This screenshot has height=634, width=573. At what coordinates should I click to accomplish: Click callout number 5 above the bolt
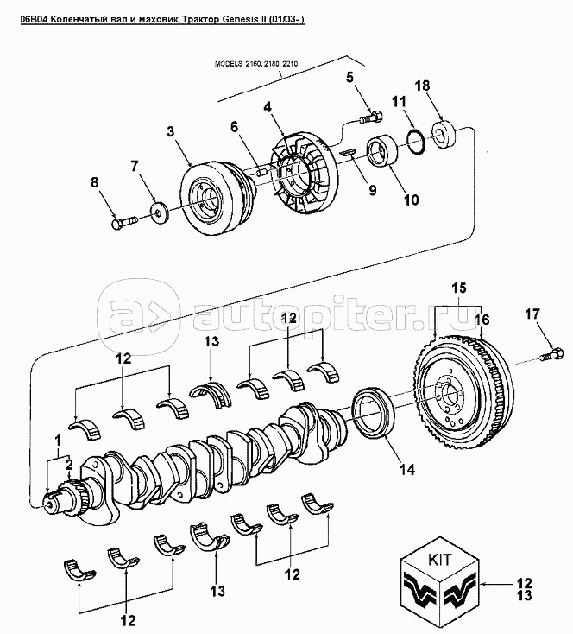tap(351, 78)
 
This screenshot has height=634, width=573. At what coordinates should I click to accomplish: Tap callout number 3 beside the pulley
tap(171, 132)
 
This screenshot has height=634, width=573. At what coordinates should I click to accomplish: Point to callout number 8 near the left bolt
tap(96, 181)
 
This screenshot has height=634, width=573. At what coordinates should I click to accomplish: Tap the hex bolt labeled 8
tap(123, 224)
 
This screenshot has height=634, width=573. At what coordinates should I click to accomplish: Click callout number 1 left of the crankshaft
tap(58, 441)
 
